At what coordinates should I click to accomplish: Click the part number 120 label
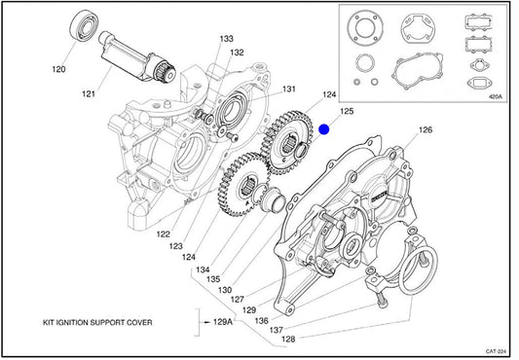(x=59, y=69)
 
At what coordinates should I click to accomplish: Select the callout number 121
(x=89, y=94)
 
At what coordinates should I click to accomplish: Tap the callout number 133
(x=227, y=39)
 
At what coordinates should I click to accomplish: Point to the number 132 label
(x=237, y=53)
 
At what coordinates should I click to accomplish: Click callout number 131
(x=288, y=89)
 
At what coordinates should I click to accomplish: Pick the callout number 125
(x=347, y=111)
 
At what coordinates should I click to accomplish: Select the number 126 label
(x=426, y=129)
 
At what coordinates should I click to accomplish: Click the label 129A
(x=223, y=322)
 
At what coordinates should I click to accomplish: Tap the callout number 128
(x=288, y=339)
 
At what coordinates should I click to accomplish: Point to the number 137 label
(x=276, y=330)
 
